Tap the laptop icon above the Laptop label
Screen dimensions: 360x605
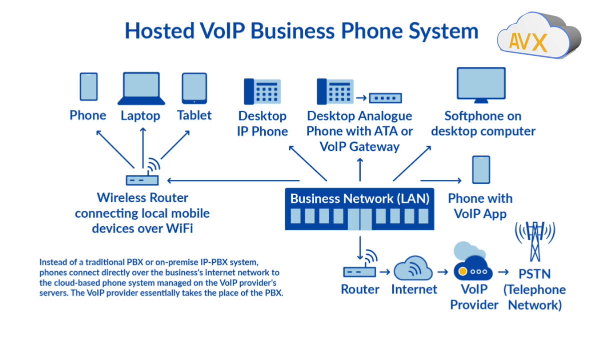[x=141, y=88]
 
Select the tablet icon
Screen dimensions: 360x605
[x=194, y=88]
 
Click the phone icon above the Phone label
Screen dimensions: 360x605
[x=88, y=86]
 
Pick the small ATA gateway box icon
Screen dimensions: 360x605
[x=386, y=98]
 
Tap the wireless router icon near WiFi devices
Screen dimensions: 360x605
[x=142, y=179]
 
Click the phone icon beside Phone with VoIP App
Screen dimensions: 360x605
[x=481, y=170]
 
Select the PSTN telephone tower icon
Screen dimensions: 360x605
[x=535, y=242]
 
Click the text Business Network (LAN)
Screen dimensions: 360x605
[x=360, y=198]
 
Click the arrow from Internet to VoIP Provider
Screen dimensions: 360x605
[x=443, y=272]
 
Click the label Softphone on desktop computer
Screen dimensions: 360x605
[x=483, y=123]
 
